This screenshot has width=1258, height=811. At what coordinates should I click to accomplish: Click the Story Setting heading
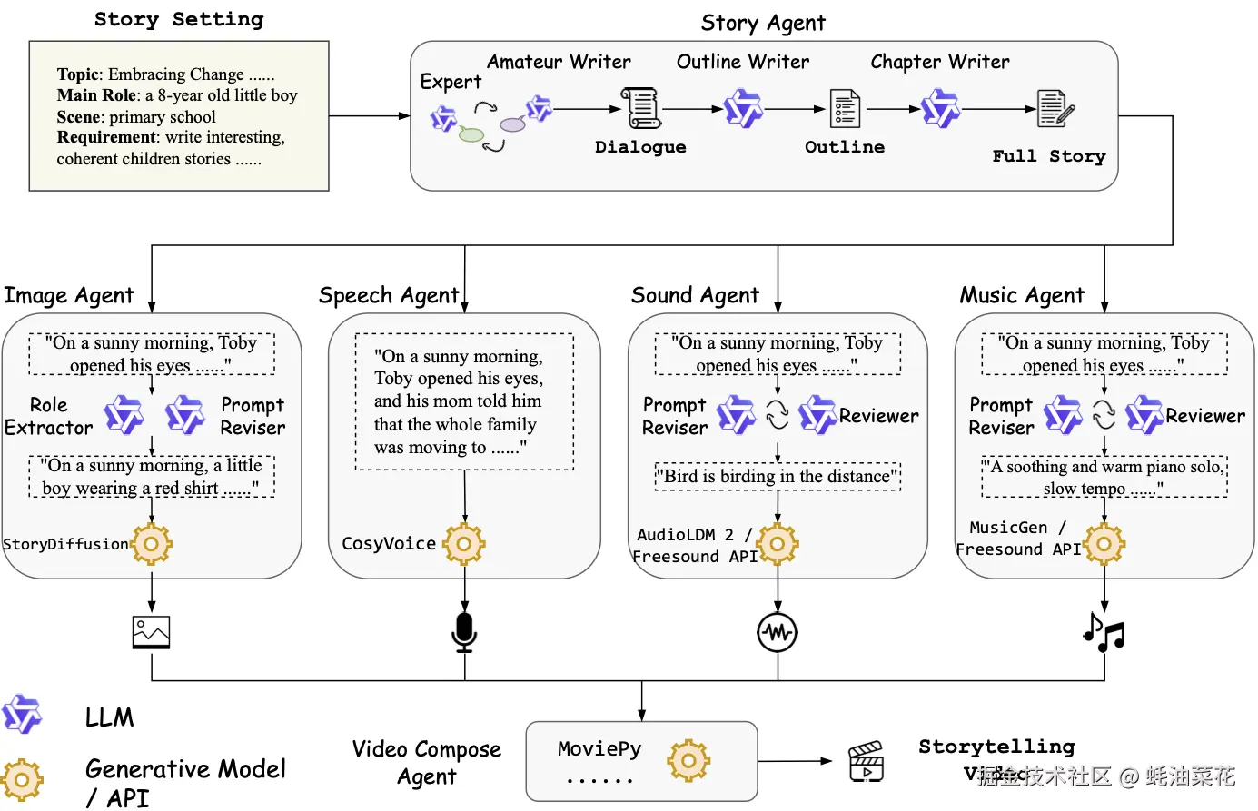tap(179, 19)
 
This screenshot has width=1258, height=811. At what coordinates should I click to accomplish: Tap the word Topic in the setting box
tap(78, 74)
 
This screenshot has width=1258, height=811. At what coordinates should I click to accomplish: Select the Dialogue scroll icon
tap(640, 108)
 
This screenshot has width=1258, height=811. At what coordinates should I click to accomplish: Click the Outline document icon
tap(845, 109)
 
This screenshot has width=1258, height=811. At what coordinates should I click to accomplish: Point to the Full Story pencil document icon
tap(1055, 108)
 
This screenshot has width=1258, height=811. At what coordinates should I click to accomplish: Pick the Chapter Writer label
tap(939, 62)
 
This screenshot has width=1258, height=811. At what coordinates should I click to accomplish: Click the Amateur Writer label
tap(559, 62)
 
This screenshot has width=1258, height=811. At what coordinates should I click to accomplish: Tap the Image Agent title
tap(69, 295)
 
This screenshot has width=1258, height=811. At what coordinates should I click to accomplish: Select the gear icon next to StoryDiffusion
tap(152, 544)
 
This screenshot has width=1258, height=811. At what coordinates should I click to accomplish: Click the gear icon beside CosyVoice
tap(464, 544)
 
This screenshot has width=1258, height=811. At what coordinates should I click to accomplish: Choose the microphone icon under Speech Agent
tap(464, 632)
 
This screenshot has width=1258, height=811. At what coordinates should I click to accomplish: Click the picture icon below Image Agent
tap(151, 632)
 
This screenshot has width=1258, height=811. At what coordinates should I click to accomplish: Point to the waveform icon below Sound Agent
tap(778, 632)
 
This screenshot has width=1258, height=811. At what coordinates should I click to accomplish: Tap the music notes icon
tap(1104, 632)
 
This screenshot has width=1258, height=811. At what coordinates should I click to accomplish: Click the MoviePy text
tap(599, 749)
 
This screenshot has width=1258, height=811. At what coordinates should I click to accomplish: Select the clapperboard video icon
tap(865, 761)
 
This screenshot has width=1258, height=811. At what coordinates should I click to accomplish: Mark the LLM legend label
tap(109, 717)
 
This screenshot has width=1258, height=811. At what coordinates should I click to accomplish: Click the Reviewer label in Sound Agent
tap(878, 416)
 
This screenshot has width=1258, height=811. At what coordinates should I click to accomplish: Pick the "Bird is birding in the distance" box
tap(778, 476)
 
